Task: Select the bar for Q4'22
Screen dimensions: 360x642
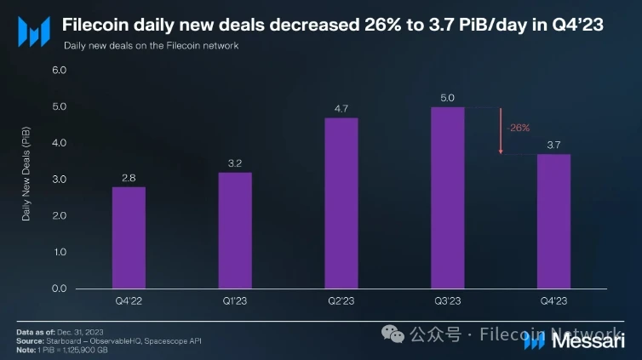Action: [129, 237]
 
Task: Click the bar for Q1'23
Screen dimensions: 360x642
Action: [234, 230]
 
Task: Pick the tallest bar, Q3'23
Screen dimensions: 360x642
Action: [448, 197]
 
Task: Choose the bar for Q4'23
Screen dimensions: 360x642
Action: [553, 221]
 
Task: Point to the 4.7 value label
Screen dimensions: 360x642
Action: [341, 107]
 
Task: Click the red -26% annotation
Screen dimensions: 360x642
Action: [518, 128]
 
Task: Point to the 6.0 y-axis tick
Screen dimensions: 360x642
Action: [59, 71]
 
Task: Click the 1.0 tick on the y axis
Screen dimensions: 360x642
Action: [59, 253]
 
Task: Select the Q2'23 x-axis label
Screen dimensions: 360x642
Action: [341, 300]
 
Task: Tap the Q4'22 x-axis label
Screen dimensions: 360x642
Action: [129, 300]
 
